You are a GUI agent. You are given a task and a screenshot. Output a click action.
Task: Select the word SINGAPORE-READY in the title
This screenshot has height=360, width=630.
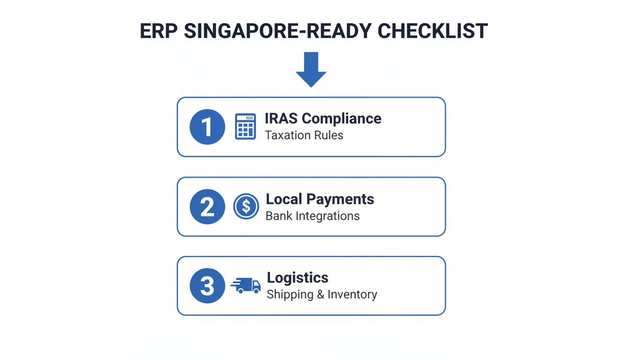click(277, 31)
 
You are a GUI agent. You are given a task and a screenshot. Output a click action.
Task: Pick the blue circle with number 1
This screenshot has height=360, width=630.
click(207, 127)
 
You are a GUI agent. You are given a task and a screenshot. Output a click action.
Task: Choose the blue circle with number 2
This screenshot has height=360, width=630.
click(207, 207)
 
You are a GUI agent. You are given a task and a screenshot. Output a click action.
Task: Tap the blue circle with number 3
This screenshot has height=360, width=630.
click(207, 285)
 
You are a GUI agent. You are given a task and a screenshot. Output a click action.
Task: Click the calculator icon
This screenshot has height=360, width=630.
click(245, 127)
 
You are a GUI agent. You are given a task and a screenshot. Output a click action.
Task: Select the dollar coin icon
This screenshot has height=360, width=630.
click(246, 206)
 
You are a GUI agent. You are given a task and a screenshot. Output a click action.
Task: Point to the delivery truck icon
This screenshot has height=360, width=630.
click(246, 285)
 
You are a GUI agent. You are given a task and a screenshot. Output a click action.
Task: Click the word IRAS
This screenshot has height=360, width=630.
click(281, 119)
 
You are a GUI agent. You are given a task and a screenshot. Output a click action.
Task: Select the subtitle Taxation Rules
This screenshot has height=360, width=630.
click(304, 135)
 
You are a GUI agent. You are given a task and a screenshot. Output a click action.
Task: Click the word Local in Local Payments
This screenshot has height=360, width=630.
click(284, 199)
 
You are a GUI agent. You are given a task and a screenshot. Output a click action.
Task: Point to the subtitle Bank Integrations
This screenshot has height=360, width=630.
click(313, 216)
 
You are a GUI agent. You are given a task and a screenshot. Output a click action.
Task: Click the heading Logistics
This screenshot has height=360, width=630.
click(297, 278)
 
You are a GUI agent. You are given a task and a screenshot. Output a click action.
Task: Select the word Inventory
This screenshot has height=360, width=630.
click(352, 295)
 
